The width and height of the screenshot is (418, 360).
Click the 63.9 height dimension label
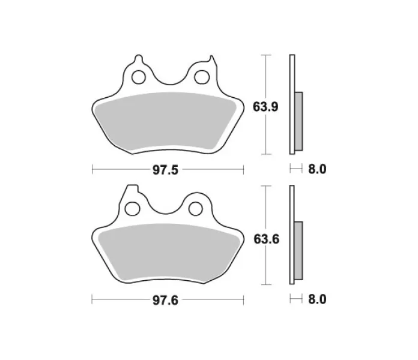265,107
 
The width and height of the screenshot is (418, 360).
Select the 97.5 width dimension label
165,170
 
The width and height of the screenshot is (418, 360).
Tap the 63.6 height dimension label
266,239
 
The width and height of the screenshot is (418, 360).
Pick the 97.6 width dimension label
165,301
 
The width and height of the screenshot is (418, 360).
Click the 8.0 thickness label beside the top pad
317,169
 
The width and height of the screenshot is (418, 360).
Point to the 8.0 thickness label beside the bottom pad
317,299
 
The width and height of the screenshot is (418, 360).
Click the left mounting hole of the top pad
139,77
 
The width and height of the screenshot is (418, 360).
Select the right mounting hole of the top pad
202,77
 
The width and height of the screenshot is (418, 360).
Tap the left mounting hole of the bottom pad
133,208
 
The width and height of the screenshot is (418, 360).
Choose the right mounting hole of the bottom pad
196,208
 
